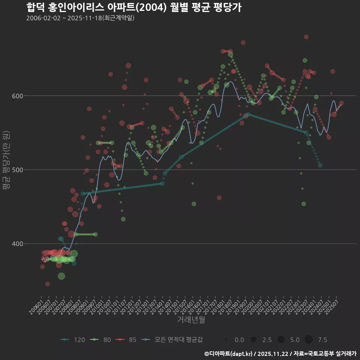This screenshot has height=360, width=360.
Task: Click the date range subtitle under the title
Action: pos(80,18)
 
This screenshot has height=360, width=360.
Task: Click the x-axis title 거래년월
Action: pos(191,320)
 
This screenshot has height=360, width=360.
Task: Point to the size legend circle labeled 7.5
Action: pos(309,340)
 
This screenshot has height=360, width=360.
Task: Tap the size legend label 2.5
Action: pos(267,340)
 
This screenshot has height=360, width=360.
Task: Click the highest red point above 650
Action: pos(306,37)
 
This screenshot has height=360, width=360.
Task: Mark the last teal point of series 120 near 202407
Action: pos(320,165)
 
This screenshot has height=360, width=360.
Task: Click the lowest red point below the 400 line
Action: pos(48,284)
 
